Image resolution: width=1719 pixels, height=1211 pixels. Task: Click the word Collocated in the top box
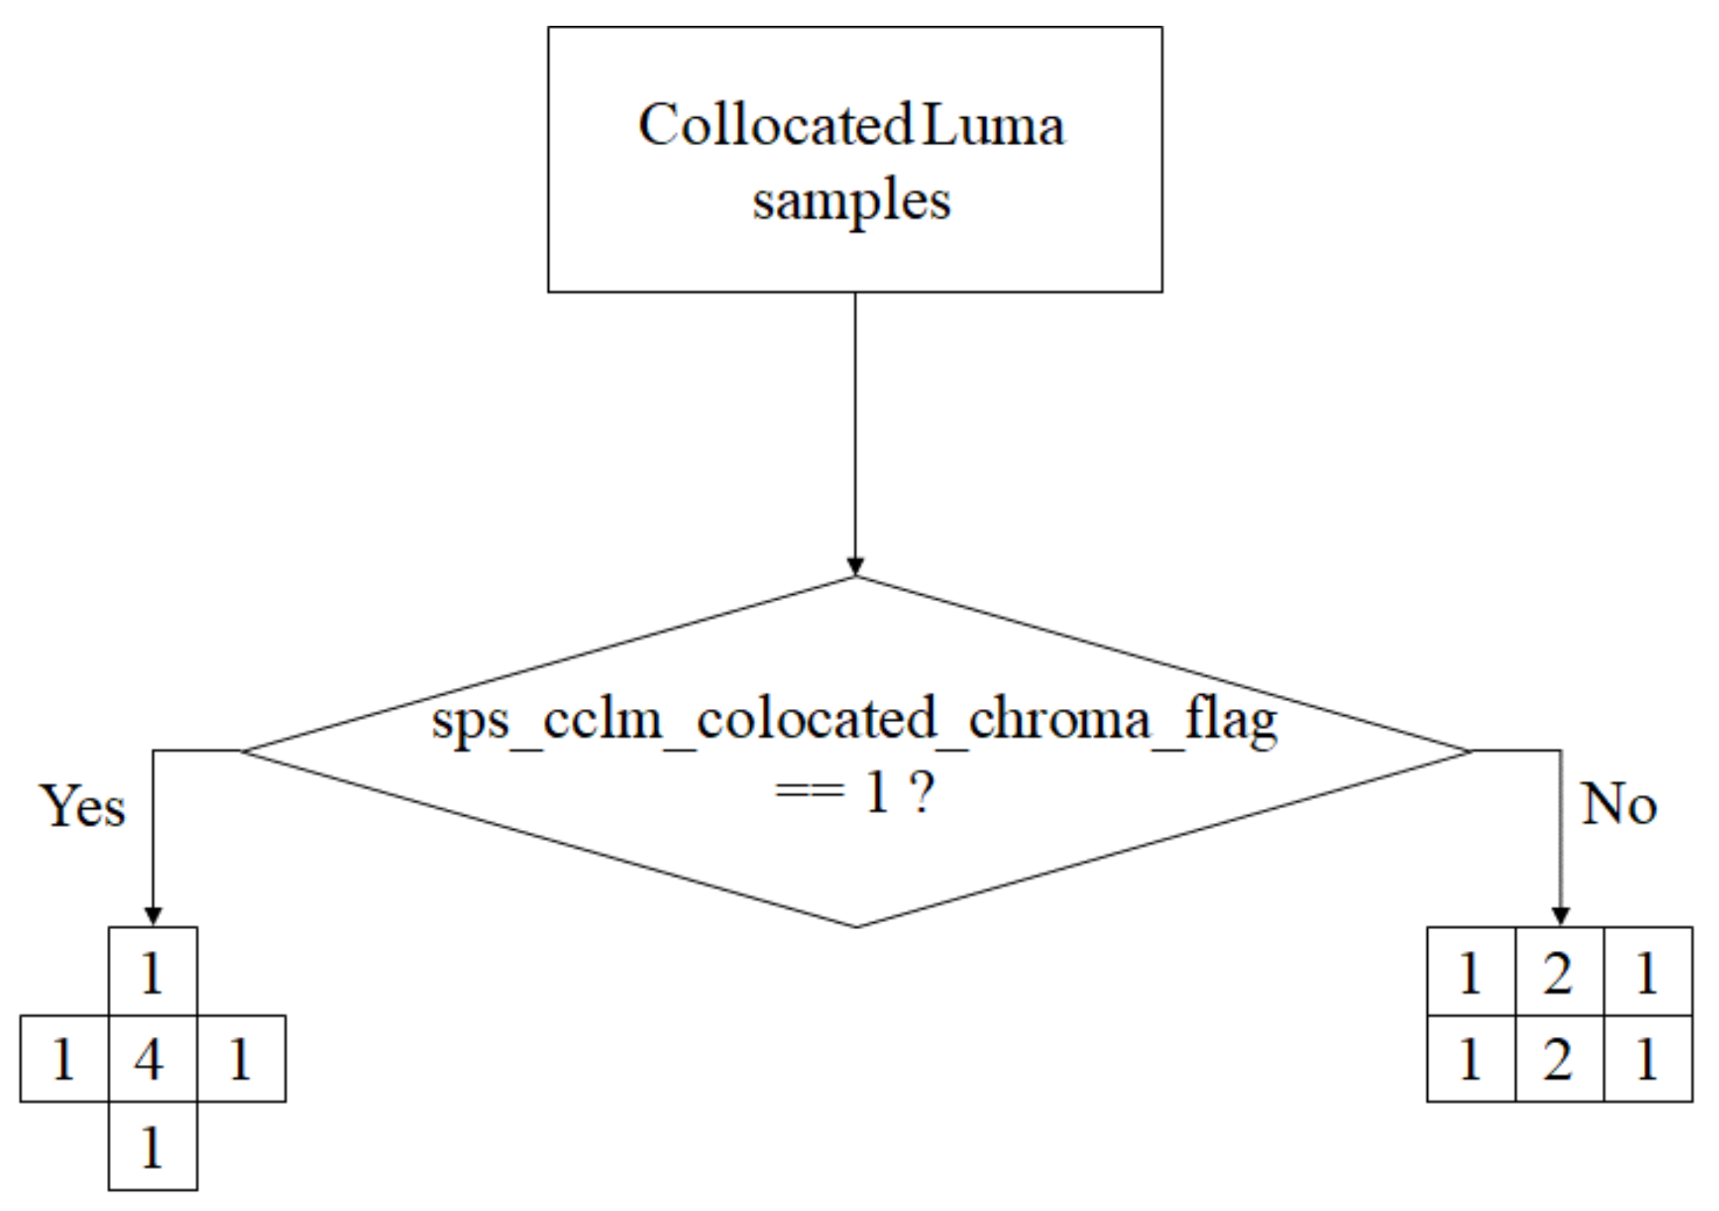tap(774, 125)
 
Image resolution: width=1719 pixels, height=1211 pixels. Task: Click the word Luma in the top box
tap(993, 125)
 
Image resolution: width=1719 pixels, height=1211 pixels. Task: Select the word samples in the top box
tap(852, 201)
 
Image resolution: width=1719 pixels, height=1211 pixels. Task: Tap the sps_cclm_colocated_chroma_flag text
tap(854, 720)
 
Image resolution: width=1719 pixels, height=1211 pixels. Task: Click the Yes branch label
tap(82, 806)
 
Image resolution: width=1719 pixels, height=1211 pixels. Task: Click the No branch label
tap(1618, 804)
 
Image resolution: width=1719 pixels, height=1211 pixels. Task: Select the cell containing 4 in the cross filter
tap(152, 1060)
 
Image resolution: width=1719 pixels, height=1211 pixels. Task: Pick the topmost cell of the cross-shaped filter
tap(152, 973)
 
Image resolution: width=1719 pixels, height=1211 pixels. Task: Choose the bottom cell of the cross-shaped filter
tap(152, 1147)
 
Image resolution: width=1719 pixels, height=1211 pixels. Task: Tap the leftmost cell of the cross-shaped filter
tap(63, 1060)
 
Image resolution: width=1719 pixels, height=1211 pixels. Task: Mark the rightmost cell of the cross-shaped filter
tap(240, 1060)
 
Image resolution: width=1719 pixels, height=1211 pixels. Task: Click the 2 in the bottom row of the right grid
tap(1558, 1060)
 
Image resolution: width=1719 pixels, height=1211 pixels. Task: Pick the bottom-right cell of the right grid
tap(1647, 1060)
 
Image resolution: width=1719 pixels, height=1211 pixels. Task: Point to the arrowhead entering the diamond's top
tap(855, 566)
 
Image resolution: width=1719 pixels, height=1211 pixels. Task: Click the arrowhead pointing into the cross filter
tap(153, 916)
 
